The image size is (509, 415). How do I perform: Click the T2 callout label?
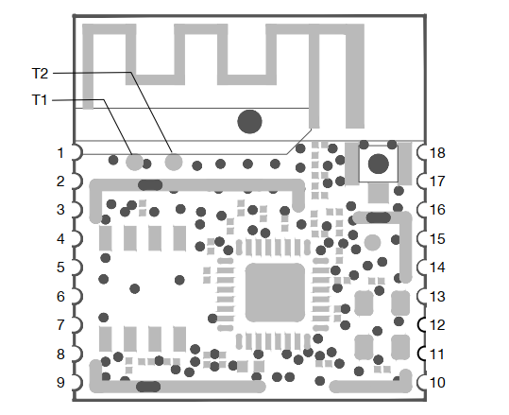[40, 74]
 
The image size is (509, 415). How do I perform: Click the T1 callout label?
[40, 100]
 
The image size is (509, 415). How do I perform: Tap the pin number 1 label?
[60, 153]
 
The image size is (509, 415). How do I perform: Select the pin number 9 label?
[60, 383]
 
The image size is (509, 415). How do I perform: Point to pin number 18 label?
[437, 153]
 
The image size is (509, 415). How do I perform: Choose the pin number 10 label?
[437, 383]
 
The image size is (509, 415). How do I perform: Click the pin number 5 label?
[60, 268]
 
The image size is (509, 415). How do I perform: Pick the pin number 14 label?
[437, 268]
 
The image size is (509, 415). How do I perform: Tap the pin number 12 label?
[437, 324]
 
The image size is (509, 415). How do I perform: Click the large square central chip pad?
[275, 292]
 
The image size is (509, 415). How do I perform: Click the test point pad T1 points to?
[134, 162]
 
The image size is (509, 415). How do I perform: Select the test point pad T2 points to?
[174, 162]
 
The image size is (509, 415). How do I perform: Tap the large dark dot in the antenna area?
[249, 122]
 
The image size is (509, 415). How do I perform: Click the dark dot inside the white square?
[379, 164]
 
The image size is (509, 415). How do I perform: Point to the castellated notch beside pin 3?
[77, 210]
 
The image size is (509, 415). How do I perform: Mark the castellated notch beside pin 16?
[421, 210]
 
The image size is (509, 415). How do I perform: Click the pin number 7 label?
[60, 325]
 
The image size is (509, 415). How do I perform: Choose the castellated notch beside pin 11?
[421, 354]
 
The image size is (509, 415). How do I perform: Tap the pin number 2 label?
[60, 182]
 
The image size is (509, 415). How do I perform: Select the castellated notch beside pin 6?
[77, 297]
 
